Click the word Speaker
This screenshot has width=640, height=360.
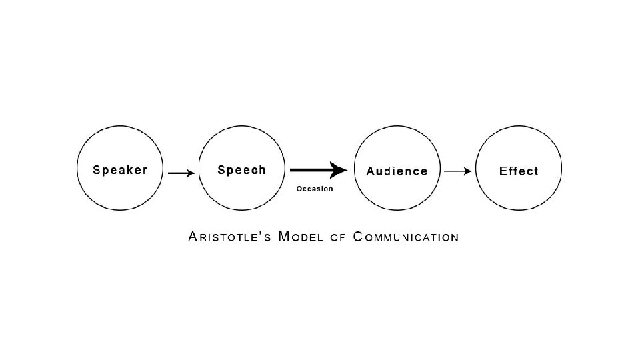click(x=120, y=170)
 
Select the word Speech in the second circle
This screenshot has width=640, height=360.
click(x=241, y=170)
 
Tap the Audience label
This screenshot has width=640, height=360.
click(x=397, y=171)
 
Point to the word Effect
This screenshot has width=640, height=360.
click(x=519, y=171)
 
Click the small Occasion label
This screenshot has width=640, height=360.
click(x=315, y=189)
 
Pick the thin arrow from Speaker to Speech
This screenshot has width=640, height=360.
click(x=181, y=173)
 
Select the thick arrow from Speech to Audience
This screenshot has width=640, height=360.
click(x=317, y=171)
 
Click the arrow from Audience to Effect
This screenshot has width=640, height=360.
click(x=458, y=171)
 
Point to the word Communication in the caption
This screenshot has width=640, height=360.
click(x=405, y=237)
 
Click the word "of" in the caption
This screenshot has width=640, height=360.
click(x=338, y=237)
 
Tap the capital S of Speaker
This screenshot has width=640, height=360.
click(x=97, y=170)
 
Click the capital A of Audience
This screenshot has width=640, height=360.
click(x=371, y=171)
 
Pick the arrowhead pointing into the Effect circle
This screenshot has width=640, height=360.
click(x=469, y=171)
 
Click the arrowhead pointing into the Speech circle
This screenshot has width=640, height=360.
click(x=191, y=173)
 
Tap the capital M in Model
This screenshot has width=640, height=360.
click(x=284, y=237)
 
